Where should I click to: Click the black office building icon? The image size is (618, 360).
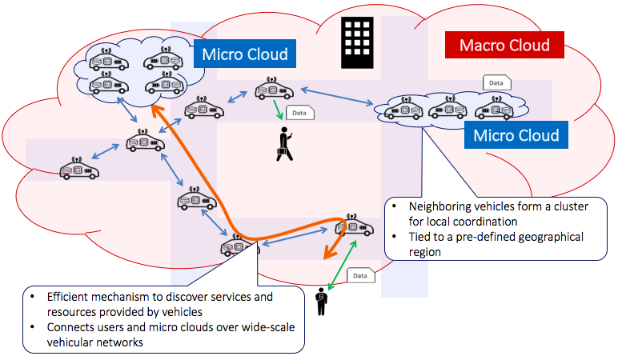[357, 42]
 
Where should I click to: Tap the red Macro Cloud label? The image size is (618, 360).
[505, 46]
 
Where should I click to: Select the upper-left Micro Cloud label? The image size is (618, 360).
[244, 54]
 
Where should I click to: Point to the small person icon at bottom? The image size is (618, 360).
[323, 299]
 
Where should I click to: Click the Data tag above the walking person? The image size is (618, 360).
[299, 113]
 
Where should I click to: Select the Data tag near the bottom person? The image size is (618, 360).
[360, 276]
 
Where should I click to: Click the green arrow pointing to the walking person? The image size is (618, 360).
[279, 113]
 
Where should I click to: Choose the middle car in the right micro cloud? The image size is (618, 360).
[448, 107]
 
